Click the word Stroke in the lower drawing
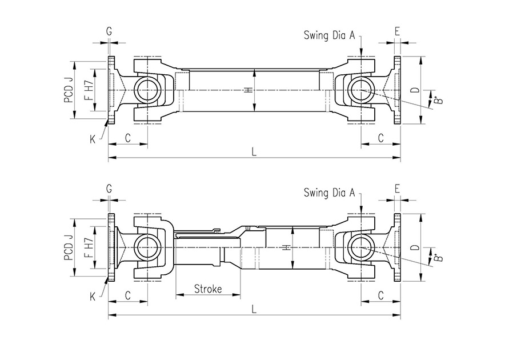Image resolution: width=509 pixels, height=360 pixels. click(208, 289)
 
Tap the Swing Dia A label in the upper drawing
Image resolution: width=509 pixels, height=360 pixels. click(329, 35)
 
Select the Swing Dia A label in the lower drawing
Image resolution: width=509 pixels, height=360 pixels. click(329, 193)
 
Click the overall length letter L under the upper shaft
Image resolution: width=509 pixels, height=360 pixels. click(254, 152)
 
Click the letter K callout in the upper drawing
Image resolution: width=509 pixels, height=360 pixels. click(93, 138)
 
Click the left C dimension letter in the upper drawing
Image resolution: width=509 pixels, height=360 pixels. click(128, 138)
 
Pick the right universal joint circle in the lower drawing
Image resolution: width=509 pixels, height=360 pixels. click(361, 247)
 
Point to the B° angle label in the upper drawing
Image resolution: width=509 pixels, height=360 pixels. click(438, 101)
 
